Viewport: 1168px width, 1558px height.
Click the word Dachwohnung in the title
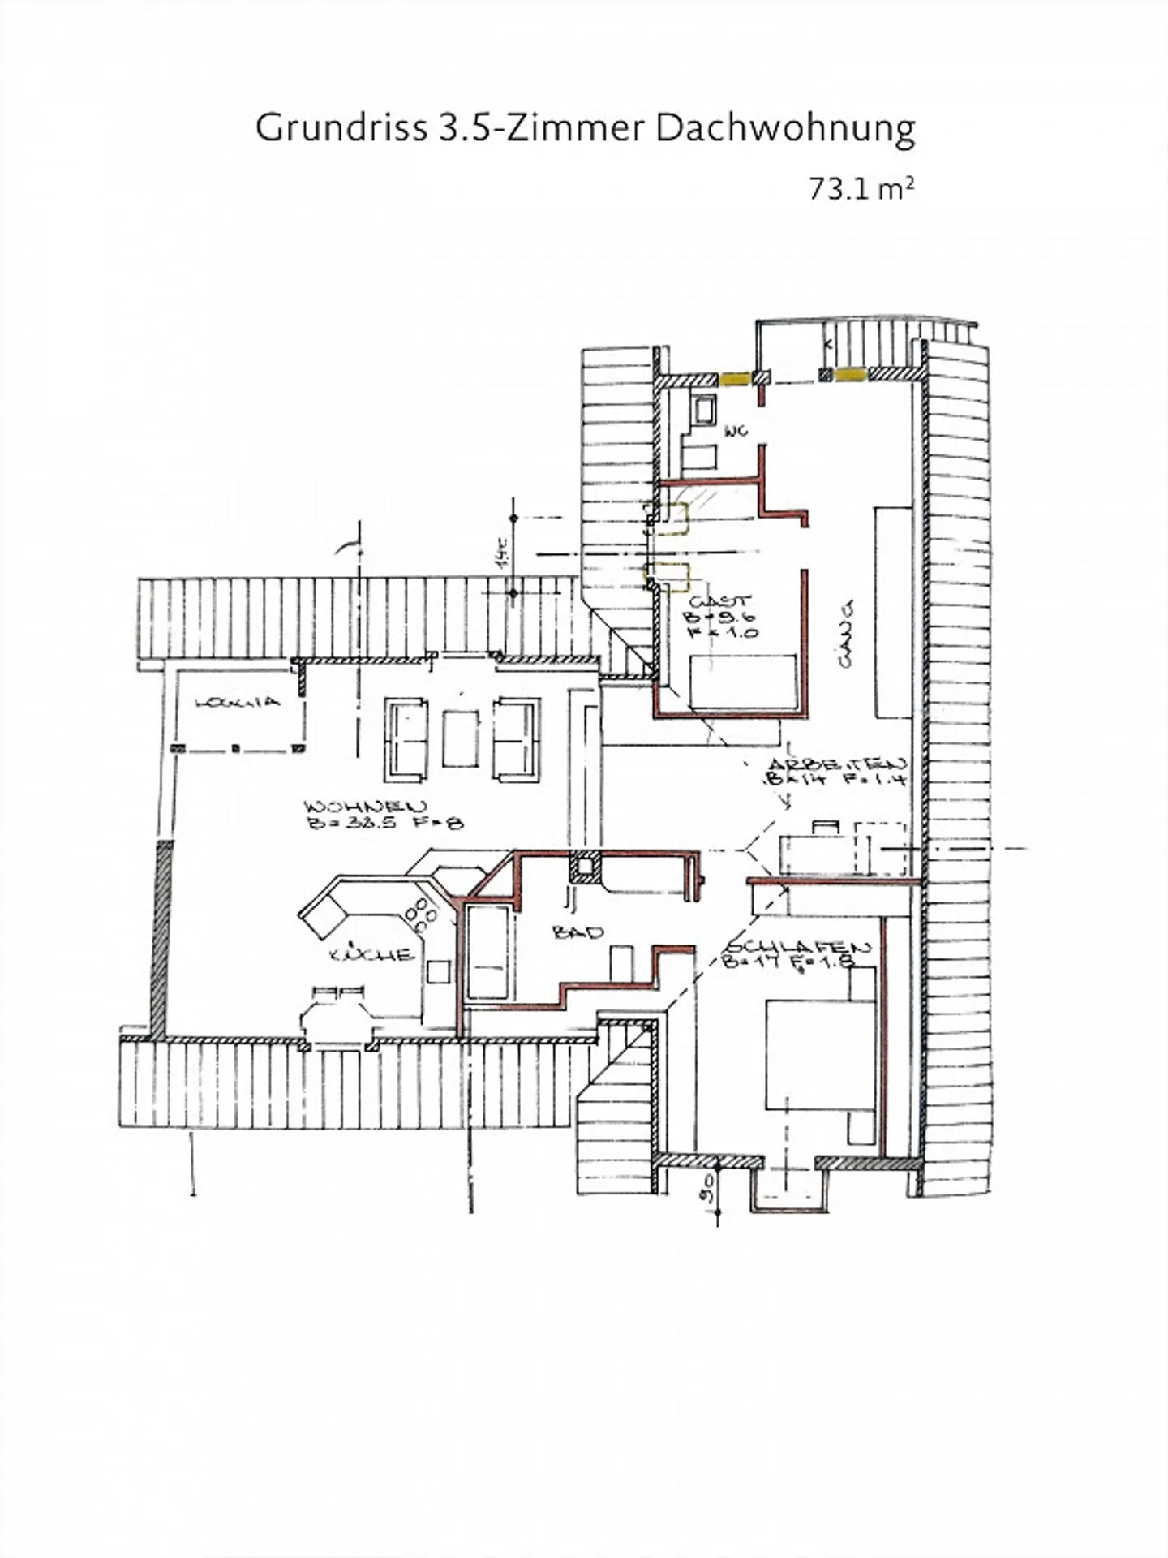point(785,129)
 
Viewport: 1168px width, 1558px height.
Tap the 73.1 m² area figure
point(861,189)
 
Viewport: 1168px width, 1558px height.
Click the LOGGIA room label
point(238,702)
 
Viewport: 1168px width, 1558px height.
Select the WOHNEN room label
point(366,807)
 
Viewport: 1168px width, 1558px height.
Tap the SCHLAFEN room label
point(799,947)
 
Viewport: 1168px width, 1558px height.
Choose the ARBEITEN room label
point(835,764)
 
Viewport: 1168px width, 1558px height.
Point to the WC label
point(736,433)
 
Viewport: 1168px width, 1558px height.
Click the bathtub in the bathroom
point(487,953)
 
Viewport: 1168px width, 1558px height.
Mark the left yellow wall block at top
point(736,378)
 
